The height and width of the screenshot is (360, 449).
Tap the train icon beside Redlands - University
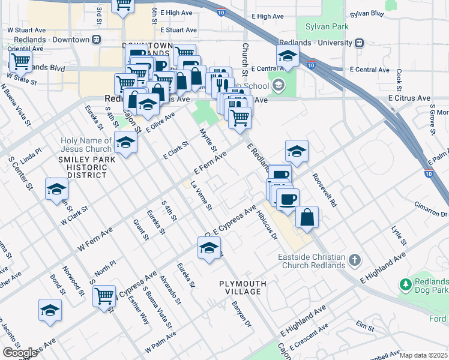[360, 43]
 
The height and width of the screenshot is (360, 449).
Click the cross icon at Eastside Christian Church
[355, 260]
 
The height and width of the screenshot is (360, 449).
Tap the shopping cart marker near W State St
[21, 61]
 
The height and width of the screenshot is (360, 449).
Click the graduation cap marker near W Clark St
[56, 189]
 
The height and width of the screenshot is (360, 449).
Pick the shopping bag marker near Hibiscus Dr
[307, 217]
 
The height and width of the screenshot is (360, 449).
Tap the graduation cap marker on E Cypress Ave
[208, 248]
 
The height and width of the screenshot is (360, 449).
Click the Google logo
[20, 353]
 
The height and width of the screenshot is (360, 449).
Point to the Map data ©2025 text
[423, 355]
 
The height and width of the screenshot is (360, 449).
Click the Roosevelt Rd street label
[325, 191]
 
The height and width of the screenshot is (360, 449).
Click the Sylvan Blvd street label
[366, 13]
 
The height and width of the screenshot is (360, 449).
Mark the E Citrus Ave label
[409, 97]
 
